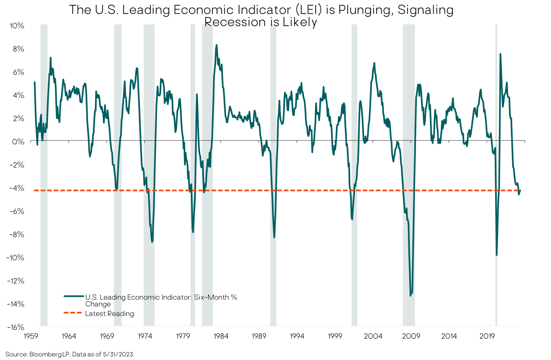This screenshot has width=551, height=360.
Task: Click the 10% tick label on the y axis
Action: click(17, 26)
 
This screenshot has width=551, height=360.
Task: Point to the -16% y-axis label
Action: click(16, 327)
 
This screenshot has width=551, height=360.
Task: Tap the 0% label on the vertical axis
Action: click(18, 142)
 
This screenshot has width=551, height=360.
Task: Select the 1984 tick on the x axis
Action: click(221, 336)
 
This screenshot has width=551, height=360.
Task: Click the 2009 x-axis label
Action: click(411, 336)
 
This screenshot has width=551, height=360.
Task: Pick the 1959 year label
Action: click(31, 336)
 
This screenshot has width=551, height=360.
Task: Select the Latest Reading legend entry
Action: click(109, 314)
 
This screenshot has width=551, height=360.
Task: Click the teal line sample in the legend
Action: click(74, 296)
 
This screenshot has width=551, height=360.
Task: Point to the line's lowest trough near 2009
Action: click(410, 295)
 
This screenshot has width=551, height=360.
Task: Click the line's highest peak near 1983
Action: click(216, 45)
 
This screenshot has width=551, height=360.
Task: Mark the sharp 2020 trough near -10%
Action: click(496, 255)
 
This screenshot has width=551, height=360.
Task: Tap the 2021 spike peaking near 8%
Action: click(500, 54)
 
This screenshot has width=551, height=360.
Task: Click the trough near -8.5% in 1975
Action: click(152, 242)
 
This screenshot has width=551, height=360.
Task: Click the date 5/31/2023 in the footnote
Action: click(118, 354)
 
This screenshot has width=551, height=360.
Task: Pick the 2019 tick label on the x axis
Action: click(487, 336)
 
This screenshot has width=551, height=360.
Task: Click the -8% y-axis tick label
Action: click(17, 235)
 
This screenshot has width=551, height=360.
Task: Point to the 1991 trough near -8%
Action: click(274, 237)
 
